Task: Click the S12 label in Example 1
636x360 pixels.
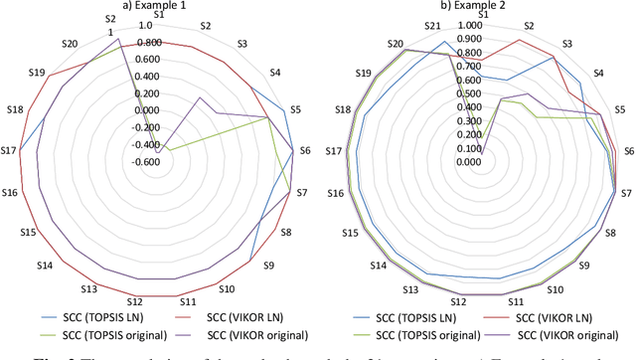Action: coord(135,301)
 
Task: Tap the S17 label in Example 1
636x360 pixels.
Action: coord(9,150)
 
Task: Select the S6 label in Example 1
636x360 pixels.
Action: coord(304,150)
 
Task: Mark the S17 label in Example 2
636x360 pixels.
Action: coord(334,151)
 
